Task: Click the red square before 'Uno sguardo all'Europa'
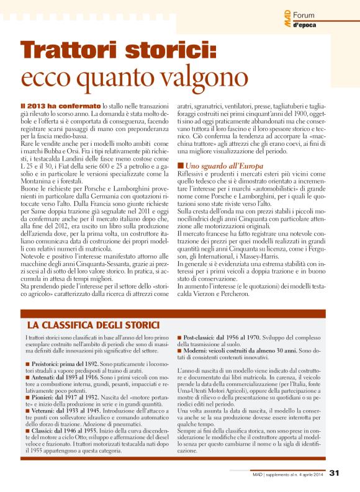click(180, 166)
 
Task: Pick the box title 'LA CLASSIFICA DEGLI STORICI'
click(92, 324)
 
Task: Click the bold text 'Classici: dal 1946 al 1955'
click(62, 432)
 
